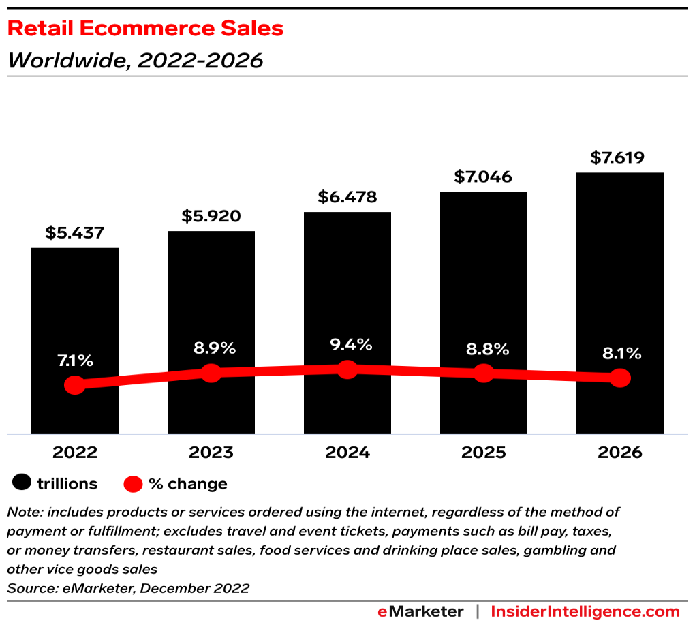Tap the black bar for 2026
pos(620,273)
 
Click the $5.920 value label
pos(211,216)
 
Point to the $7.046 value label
pos(483,177)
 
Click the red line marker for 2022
pos(75,385)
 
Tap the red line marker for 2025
pos(483,373)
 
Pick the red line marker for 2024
pos(347,369)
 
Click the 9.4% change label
pos(347,344)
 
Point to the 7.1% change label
pos(75,361)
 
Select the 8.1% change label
pos(619,353)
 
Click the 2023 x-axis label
pos(211,453)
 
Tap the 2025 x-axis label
pos(483,453)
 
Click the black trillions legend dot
pos(22,484)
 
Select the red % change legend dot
pos(134,484)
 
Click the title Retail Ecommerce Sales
pos(145,29)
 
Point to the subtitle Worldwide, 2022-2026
pos(135,61)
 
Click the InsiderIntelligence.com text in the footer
pos(585,611)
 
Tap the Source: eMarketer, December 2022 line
pos(128,588)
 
